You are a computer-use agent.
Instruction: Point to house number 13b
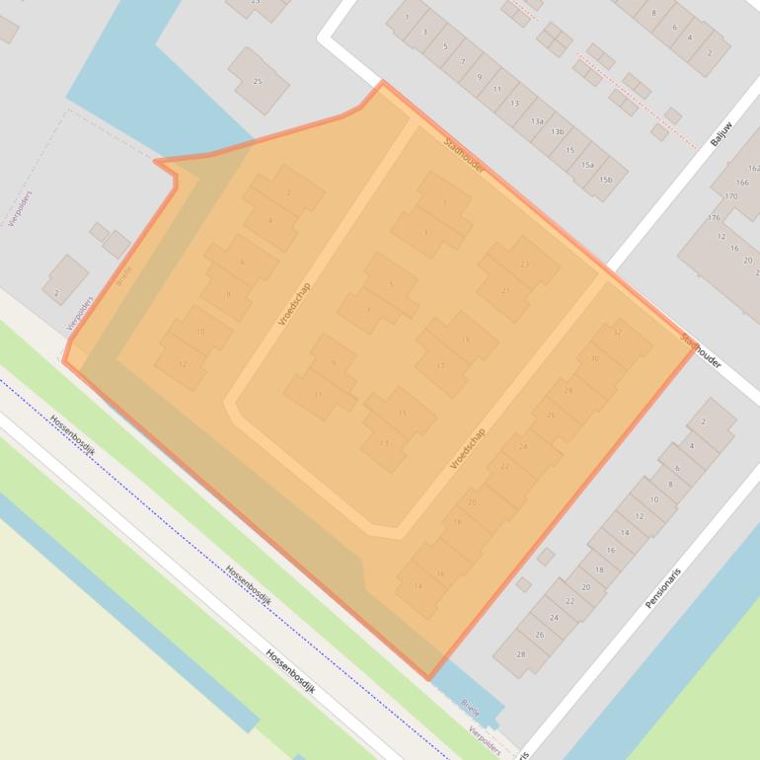pyautogui.click(x=558, y=132)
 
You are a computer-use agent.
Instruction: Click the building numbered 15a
pyautogui.click(x=587, y=165)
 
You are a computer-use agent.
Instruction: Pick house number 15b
pyautogui.click(x=605, y=180)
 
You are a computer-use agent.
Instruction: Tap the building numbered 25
pyautogui.click(x=258, y=81)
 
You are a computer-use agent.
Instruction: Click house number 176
pyautogui.click(x=715, y=217)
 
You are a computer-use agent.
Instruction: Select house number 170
pyautogui.click(x=730, y=196)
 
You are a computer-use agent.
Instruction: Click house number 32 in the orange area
pyautogui.click(x=617, y=333)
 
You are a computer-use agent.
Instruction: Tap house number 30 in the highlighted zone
pyautogui.click(x=594, y=359)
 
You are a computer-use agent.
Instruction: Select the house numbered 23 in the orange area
pyautogui.click(x=524, y=265)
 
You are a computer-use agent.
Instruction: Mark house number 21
pyautogui.click(x=505, y=291)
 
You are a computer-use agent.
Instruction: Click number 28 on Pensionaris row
pyautogui.click(x=520, y=653)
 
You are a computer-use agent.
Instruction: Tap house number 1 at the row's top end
pyautogui.click(x=406, y=17)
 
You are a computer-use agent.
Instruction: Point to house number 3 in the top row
pyautogui.click(x=425, y=32)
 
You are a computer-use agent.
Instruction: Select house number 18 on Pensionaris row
pyautogui.click(x=599, y=570)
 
